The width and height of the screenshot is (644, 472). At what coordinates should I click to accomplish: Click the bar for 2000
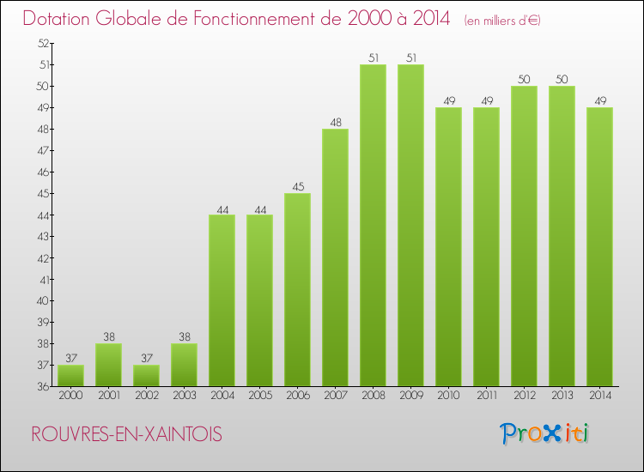pos(70,376)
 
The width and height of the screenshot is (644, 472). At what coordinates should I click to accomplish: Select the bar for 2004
pos(222,300)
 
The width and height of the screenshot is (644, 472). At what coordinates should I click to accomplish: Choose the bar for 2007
pos(335,257)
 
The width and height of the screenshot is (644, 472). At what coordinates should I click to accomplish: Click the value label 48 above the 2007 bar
pos(335,122)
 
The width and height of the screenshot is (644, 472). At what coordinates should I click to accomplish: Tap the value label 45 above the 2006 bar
pos(297,186)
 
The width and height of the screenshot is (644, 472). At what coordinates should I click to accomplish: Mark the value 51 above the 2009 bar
pos(410,57)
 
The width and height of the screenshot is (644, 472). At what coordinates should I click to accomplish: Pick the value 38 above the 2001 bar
pos(108,336)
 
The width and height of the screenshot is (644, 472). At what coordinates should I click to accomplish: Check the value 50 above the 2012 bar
pos(524,79)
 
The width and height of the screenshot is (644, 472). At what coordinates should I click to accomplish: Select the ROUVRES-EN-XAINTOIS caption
pos(126,435)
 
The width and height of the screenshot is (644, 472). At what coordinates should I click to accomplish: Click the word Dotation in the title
pos(63,19)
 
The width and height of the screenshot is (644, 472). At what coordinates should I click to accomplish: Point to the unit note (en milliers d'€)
pos(502,21)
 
